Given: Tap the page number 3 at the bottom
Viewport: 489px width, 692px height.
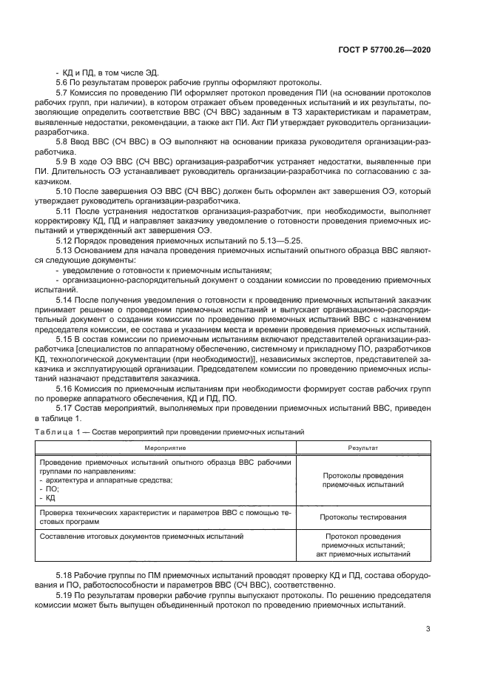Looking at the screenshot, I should tap(428, 629).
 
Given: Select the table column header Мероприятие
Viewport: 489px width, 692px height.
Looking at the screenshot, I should tap(165, 448).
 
